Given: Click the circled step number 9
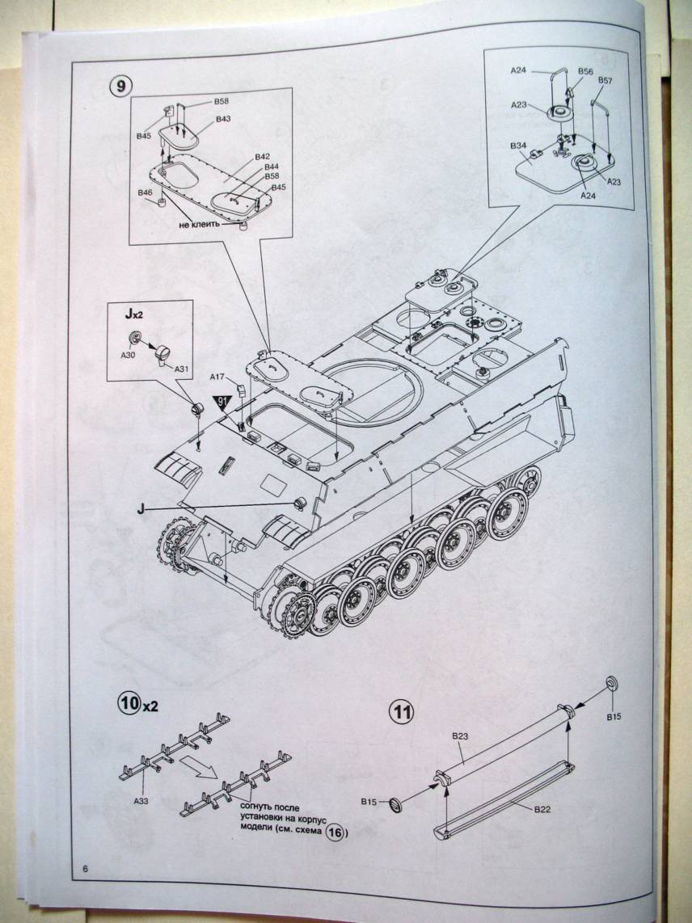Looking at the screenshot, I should [x=120, y=87].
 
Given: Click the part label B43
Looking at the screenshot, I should [x=224, y=119].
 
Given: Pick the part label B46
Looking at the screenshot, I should [x=146, y=193].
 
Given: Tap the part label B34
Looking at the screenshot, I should [x=518, y=145].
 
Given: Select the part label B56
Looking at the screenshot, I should [x=585, y=71].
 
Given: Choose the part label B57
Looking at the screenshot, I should [x=605, y=81].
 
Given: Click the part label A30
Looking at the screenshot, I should [x=129, y=353].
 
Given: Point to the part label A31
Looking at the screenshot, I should [x=182, y=369].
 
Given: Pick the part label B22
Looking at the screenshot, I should [x=542, y=808].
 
